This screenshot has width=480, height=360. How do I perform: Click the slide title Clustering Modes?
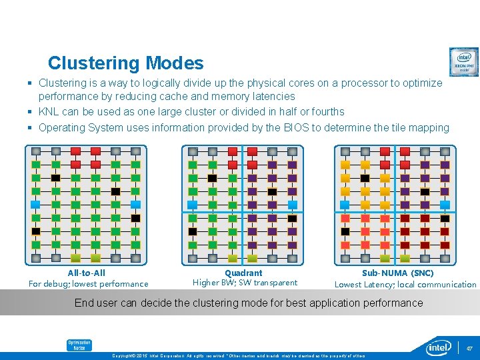point(125,63)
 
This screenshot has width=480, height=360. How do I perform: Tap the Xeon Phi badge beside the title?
point(463,62)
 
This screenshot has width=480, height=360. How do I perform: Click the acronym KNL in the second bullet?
point(50,111)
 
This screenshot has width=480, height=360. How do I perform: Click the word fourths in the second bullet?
point(327,111)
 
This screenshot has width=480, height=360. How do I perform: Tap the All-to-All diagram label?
point(87,273)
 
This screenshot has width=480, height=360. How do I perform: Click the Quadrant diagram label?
point(243,273)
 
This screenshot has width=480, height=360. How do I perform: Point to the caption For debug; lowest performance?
point(88,284)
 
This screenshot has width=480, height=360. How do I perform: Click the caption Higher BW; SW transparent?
point(245,283)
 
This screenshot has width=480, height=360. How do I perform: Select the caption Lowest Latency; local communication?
point(405,285)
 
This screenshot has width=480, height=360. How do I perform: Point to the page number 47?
point(469,348)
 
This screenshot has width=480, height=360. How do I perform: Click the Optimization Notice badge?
point(79,345)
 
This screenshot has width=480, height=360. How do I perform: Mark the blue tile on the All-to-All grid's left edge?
point(36,204)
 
